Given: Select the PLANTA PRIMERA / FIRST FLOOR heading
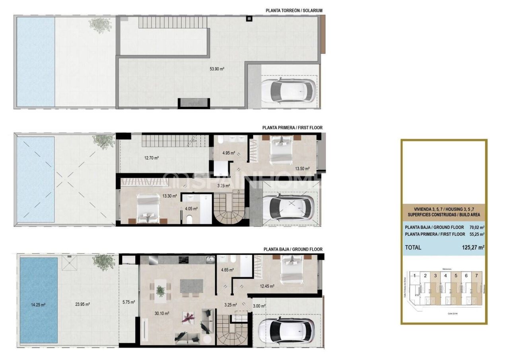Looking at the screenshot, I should click(292, 128).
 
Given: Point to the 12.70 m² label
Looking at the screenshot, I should click(151, 158).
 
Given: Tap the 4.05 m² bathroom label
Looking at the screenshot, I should click(191, 208).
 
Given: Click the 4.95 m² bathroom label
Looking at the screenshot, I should click(229, 153).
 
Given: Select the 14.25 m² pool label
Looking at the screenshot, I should click(38, 305).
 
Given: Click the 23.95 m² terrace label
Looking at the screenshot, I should click(82, 305).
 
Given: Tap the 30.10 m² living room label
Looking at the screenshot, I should click(162, 313).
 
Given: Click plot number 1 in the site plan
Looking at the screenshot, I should click(415, 275).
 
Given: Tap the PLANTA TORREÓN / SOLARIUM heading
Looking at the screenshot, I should click(293, 10).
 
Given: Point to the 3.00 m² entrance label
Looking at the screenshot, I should click(259, 306).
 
